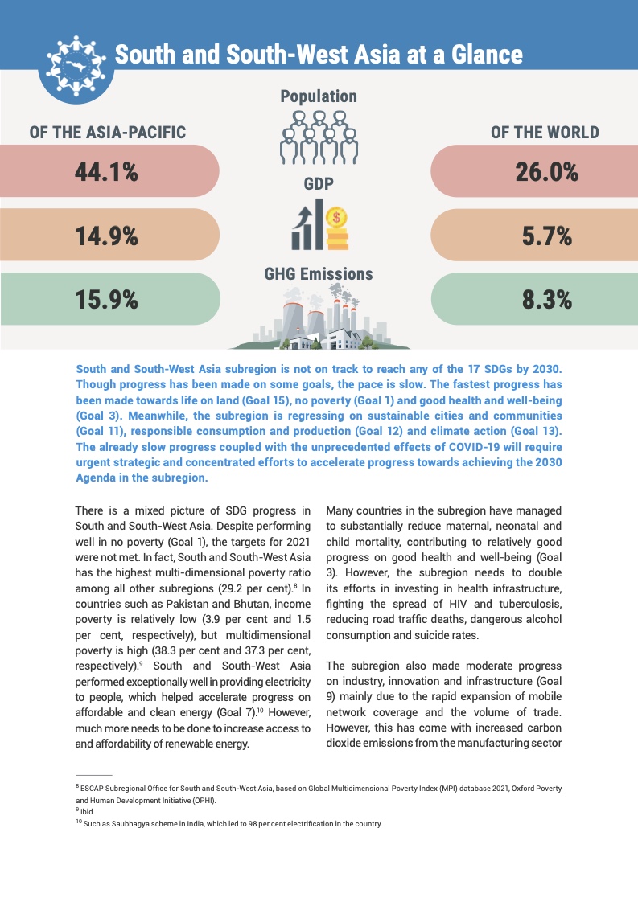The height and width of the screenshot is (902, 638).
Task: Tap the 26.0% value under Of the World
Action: (547, 172)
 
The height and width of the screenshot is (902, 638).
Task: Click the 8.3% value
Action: (547, 300)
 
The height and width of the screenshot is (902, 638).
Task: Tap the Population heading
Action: (319, 96)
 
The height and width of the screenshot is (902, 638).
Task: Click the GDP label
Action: (319, 184)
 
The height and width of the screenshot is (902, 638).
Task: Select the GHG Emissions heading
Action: (319, 274)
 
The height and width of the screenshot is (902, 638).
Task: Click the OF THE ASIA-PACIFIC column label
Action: (108, 133)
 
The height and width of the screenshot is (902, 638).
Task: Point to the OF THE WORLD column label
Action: (545, 133)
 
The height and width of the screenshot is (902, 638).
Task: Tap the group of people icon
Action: (319, 137)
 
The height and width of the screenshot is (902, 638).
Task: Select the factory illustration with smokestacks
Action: (319, 322)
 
